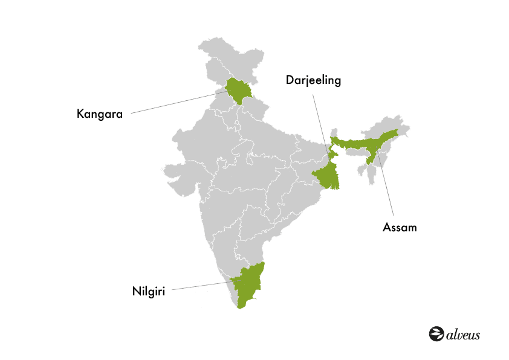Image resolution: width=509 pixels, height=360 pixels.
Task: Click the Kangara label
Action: (x=100, y=113)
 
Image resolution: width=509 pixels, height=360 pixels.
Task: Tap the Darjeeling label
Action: (x=314, y=80)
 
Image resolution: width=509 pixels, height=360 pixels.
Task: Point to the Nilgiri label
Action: (x=149, y=291)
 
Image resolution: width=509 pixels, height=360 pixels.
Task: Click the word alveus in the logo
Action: (x=463, y=334)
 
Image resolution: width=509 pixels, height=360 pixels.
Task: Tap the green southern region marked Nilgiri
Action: (x=248, y=284)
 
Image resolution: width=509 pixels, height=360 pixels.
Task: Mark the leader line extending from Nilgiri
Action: (x=199, y=286)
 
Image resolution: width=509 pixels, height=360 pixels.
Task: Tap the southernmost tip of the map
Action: (x=241, y=307)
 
